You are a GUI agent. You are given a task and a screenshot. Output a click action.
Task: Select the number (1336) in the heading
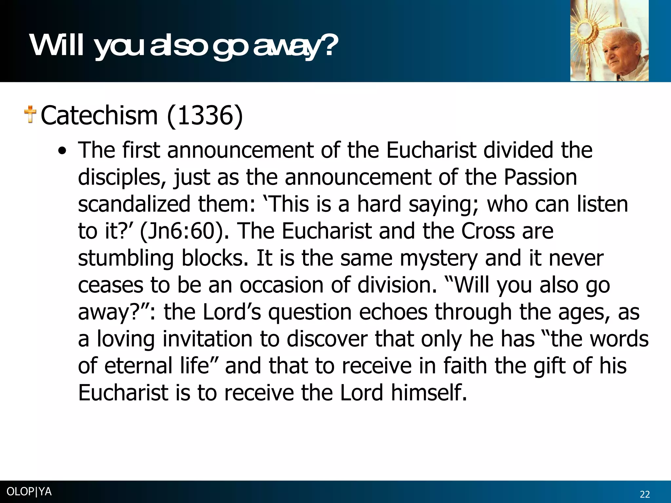point(205,116)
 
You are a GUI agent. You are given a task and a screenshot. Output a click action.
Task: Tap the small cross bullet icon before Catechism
point(30,114)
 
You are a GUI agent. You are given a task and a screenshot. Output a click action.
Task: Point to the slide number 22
point(645,494)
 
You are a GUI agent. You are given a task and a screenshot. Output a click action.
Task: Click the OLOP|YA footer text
point(29,492)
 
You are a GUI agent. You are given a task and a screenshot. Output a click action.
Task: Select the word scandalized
point(134,204)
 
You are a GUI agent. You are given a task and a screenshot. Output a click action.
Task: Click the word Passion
point(540,177)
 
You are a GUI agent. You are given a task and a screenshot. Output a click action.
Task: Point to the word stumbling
point(126,258)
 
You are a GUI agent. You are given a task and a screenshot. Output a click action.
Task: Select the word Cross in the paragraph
point(488,231)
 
